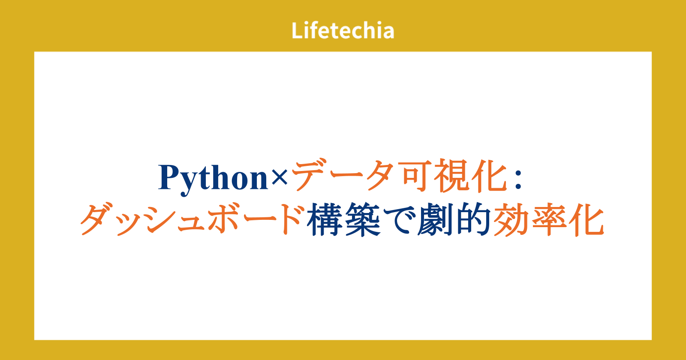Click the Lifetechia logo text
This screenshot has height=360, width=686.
[x=343, y=30]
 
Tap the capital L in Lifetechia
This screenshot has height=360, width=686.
[x=297, y=30]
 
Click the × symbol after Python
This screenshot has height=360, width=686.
[x=279, y=177]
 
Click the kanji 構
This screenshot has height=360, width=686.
[x=325, y=219]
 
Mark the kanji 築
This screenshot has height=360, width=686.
[x=363, y=219]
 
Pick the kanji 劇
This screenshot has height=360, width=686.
[x=435, y=219]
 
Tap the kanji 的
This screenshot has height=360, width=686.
[x=473, y=219]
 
